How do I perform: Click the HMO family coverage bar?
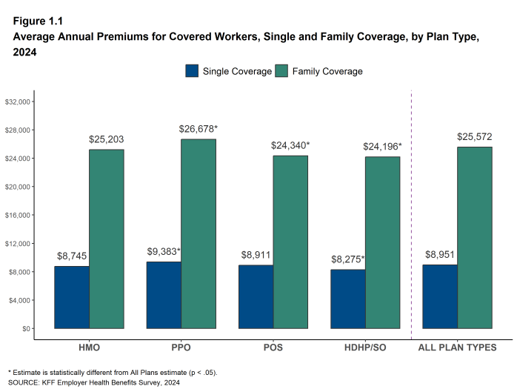coord(107,239)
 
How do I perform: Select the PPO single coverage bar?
coord(163,294)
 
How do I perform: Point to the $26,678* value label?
coord(199,129)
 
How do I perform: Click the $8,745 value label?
coord(72,256)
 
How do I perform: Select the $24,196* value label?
coord(382,147)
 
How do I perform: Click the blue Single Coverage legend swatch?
coord(192,71)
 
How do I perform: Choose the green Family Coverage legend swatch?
coord(281,71)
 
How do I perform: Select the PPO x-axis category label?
coord(181,348)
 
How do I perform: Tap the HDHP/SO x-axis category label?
coord(364,348)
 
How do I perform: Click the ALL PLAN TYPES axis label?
coord(457,348)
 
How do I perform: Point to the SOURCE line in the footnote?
coord(94,382)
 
